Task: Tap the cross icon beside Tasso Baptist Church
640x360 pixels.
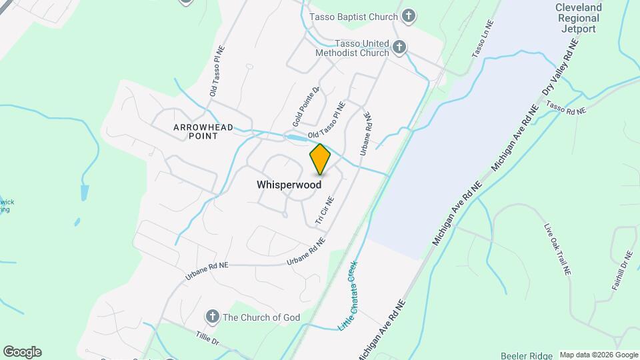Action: click(409, 16)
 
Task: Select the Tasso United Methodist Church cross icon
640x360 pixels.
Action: click(399, 47)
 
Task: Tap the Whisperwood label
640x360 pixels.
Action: click(289, 185)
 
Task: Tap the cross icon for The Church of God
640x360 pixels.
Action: click(212, 317)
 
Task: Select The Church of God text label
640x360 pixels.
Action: click(261, 317)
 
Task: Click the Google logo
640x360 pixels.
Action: click(22, 352)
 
